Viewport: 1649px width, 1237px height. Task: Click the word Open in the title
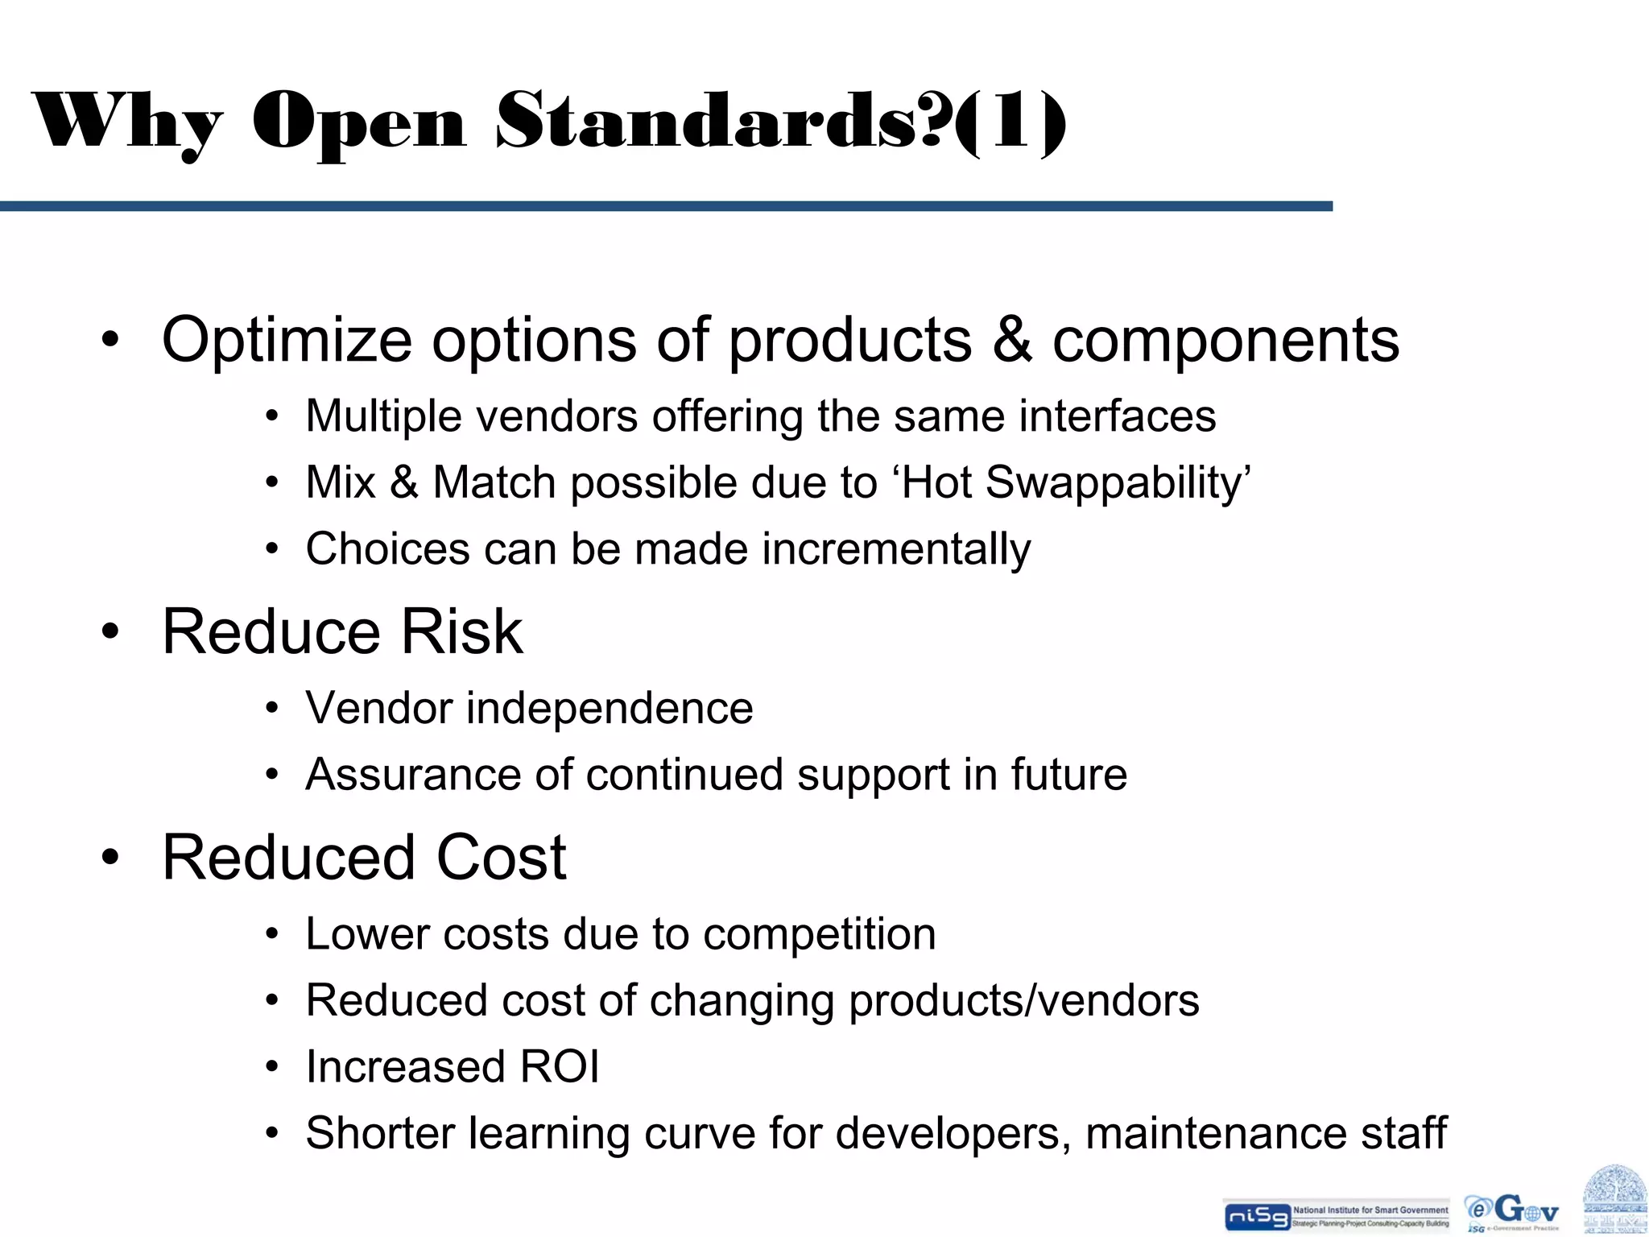coord(359,122)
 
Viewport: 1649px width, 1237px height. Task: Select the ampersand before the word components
coord(1012,340)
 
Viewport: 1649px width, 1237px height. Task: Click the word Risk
coord(462,632)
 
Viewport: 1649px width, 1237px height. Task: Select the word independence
coord(610,709)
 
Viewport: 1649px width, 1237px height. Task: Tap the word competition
coord(819,935)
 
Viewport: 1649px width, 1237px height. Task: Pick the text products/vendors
coord(1023,1001)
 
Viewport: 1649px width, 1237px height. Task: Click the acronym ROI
coord(560,1068)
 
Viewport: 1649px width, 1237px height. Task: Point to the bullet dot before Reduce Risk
coord(110,632)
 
